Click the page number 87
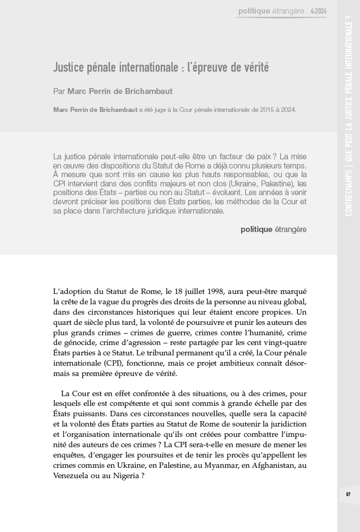tap(348, 493)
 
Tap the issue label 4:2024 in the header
tap(319, 10)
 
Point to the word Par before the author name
tap(59, 91)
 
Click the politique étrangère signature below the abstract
tap(273, 229)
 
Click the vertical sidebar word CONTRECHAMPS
tap(348, 193)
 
